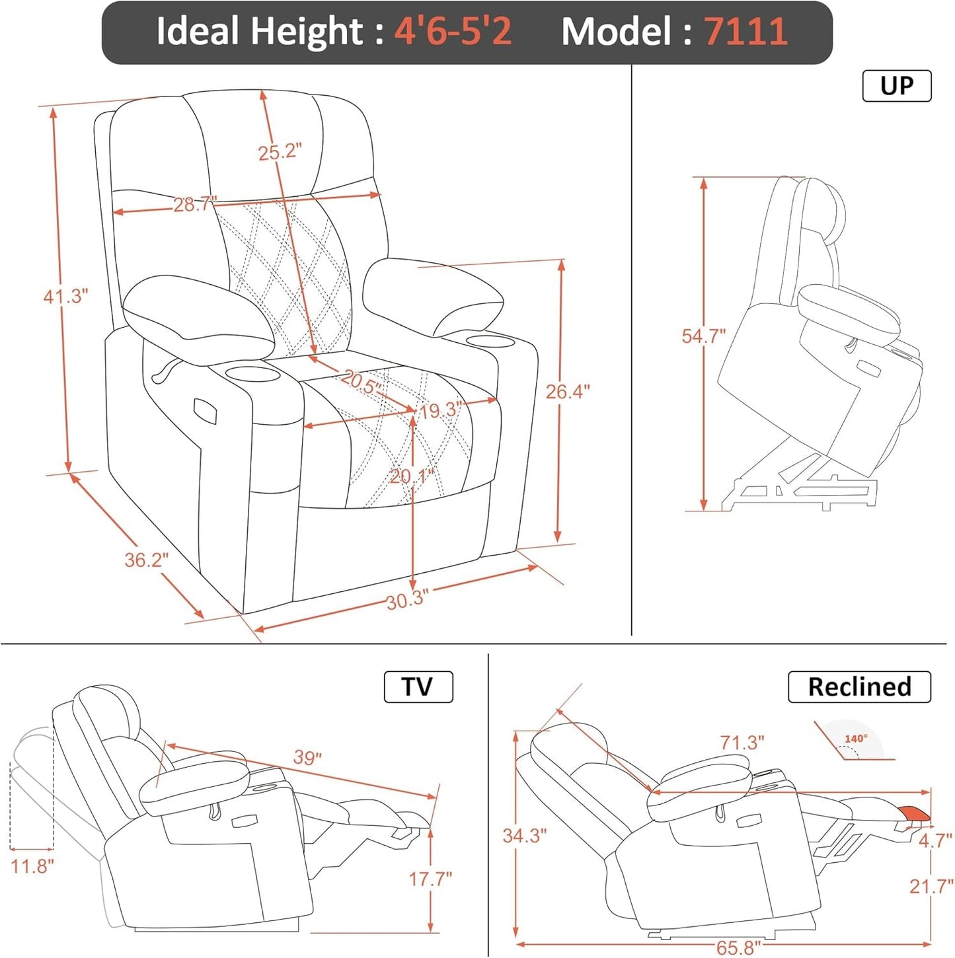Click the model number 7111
tap(745, 31)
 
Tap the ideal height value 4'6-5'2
tap(453, 31)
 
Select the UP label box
tap(896, 86)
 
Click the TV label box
tap(418, 687)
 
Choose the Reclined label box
tap(859, 687)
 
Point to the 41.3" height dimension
tap(65, 296)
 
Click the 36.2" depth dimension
tap(147, 560)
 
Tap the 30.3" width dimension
tap(407, 600)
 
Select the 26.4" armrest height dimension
tap(567, 392)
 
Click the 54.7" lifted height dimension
tap(703, 336)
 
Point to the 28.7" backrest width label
tap(194, 205)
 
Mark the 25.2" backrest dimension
tap(280, 152)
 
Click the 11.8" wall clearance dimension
tap(32, 866)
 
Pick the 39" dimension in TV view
tap(307, 757)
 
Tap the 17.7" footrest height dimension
tap(430, 879)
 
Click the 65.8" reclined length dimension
tap(738, 948)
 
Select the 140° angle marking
tap(856, 739)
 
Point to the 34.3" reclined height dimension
tap(524, 836)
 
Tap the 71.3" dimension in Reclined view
tap(742, 743)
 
